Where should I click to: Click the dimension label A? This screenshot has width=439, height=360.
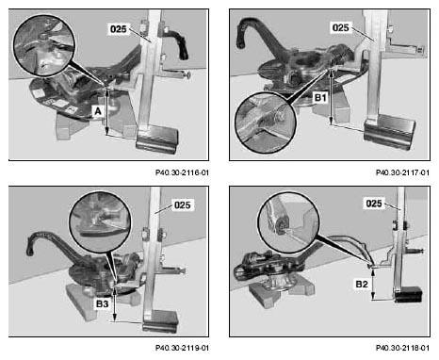click(x=98, y=111)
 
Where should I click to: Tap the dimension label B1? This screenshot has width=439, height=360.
click(x=320, y=98)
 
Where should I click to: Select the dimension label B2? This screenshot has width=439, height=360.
click(x=362, y=285)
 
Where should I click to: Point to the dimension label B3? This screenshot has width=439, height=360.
click(x=102, y=303)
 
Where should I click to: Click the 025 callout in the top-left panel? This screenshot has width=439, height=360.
click(x=118, y=29)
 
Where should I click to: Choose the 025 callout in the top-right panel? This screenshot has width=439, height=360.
click(x=340, y=28)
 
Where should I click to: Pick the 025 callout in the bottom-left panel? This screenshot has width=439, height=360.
click(x=183, y=205)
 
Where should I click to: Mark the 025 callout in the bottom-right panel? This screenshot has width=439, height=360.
click(x=374, y=204)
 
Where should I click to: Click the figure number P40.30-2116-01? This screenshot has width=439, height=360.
click(x=182, y=172)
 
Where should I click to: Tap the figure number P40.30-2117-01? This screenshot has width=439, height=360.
click(x=402, y=172)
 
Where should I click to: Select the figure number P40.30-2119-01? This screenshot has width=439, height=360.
click(x=182, y=348)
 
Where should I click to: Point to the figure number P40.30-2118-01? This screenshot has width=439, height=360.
click(x=402, y=348)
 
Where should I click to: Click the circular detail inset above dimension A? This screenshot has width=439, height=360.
click(x=44, y=45)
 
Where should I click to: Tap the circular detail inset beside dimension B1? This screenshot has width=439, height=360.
click(x=266, y=123)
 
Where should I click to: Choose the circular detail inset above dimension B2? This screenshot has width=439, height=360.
click(x=288, y=222)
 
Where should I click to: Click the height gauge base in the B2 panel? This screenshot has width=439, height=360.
click(x=408, y=295)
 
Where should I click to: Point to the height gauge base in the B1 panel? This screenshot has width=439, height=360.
click(x=389, y=132)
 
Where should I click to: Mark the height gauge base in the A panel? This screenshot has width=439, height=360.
click(x=156, y=139)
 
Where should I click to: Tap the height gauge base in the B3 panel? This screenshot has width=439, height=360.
click(x=160, y=321)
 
